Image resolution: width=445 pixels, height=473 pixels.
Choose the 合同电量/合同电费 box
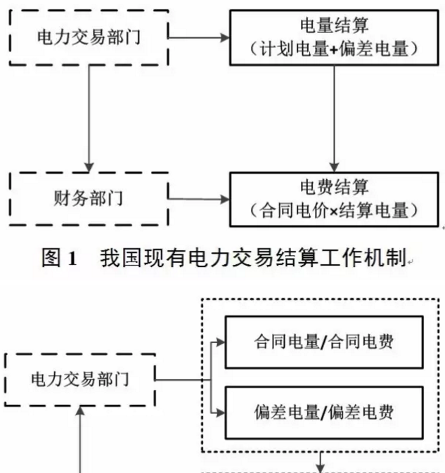pos(324,342)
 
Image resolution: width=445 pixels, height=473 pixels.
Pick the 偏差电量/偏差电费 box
pos(324,413)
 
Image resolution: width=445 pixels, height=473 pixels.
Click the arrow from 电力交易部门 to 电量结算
pos(200,38)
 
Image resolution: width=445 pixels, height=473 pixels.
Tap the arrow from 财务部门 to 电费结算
pos(200,199)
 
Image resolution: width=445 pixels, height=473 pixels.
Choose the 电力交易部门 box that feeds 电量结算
pos(88,38)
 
